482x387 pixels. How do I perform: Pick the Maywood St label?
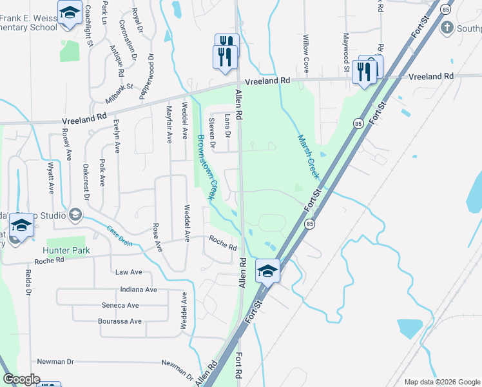pos(346,52)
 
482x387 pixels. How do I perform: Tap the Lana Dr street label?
pos(227,126)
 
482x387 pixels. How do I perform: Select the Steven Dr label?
pos(211,129)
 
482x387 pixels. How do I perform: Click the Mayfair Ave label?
pos(169,124)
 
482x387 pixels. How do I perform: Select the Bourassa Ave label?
pos(119,321)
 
